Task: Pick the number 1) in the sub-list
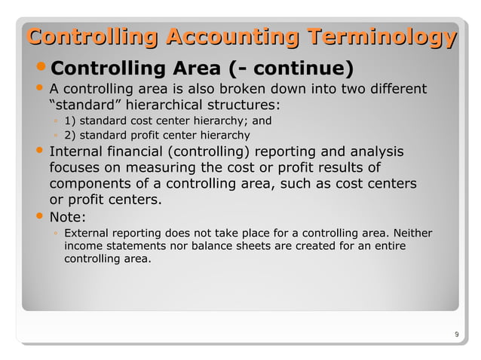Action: [x=70, y=121]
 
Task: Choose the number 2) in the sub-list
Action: [x=70, y=136]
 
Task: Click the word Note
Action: [x=66, y=217]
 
